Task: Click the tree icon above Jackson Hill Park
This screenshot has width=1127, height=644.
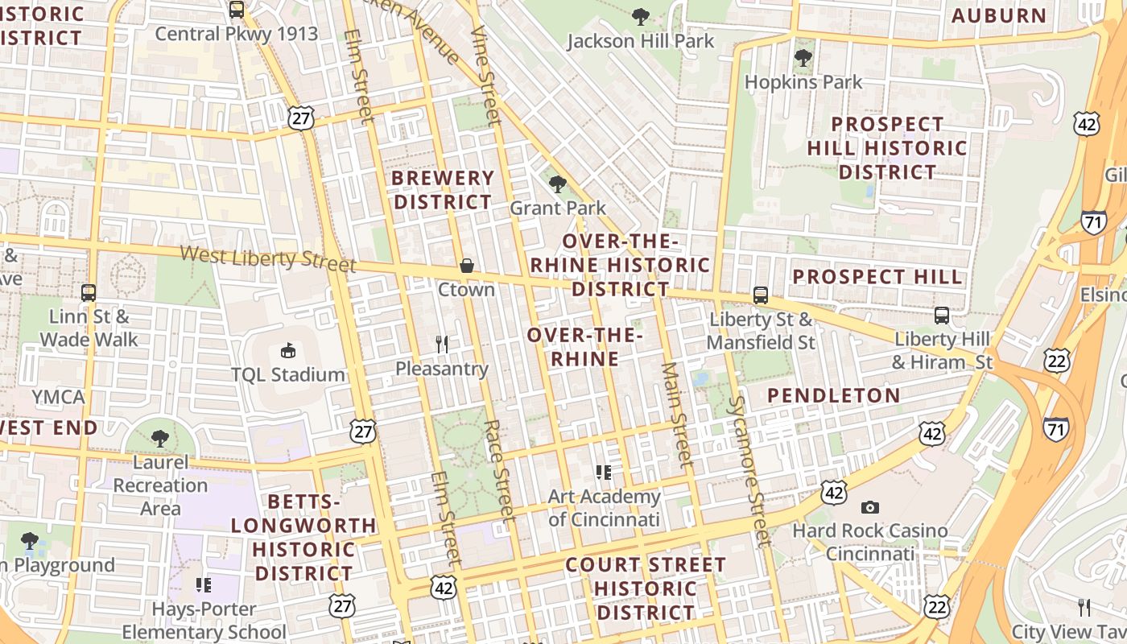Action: (641, 16)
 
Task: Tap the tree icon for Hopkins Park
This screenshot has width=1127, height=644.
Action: (803, 58)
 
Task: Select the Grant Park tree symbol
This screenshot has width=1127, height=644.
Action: (557, 184)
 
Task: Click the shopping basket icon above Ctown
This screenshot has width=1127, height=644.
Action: (466, 266)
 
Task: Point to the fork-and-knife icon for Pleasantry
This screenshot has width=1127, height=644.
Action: (441, 345)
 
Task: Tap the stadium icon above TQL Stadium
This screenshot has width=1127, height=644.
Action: (287, 350)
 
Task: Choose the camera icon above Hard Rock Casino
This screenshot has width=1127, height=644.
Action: (869, 507)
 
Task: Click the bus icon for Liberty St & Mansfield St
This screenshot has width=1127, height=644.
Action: (760, 295)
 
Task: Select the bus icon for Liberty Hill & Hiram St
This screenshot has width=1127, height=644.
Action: (941, 315)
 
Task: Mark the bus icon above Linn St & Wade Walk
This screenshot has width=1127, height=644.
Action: (89, 293)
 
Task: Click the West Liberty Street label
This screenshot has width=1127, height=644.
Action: (267, 259)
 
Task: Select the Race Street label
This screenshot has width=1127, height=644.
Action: (500, 470)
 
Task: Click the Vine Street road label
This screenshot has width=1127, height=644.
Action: (486, 76)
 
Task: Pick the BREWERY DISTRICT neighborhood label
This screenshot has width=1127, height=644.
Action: (443, 190)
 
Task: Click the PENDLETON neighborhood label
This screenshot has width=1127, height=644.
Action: (833, 395)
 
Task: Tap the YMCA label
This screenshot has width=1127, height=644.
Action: (58, 397)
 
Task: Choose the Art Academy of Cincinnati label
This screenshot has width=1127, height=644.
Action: (604, 508)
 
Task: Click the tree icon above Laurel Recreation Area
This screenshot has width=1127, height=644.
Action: (160, 439)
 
